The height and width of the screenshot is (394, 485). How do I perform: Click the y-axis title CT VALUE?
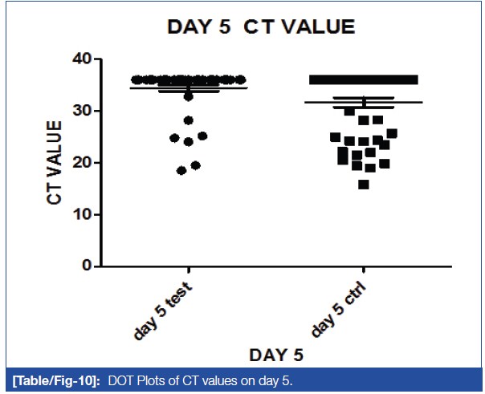click(x=55, y=163)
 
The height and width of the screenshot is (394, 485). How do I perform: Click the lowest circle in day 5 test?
click(x=181, y=170)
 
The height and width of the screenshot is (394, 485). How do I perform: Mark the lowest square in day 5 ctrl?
click(x=364, y=185)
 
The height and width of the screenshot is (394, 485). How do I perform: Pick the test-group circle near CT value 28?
click(x=189, y=120)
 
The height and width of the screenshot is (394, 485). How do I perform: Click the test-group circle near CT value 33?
click(x=189, y=96)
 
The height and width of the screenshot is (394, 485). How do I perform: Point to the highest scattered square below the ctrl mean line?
click(x=349, y=112)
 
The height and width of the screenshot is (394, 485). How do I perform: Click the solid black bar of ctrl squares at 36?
click(x=364, y=79)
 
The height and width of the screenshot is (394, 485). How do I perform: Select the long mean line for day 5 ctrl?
click(x=364, y=103)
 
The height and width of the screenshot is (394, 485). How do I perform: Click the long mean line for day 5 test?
click(x=188, y=87)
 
